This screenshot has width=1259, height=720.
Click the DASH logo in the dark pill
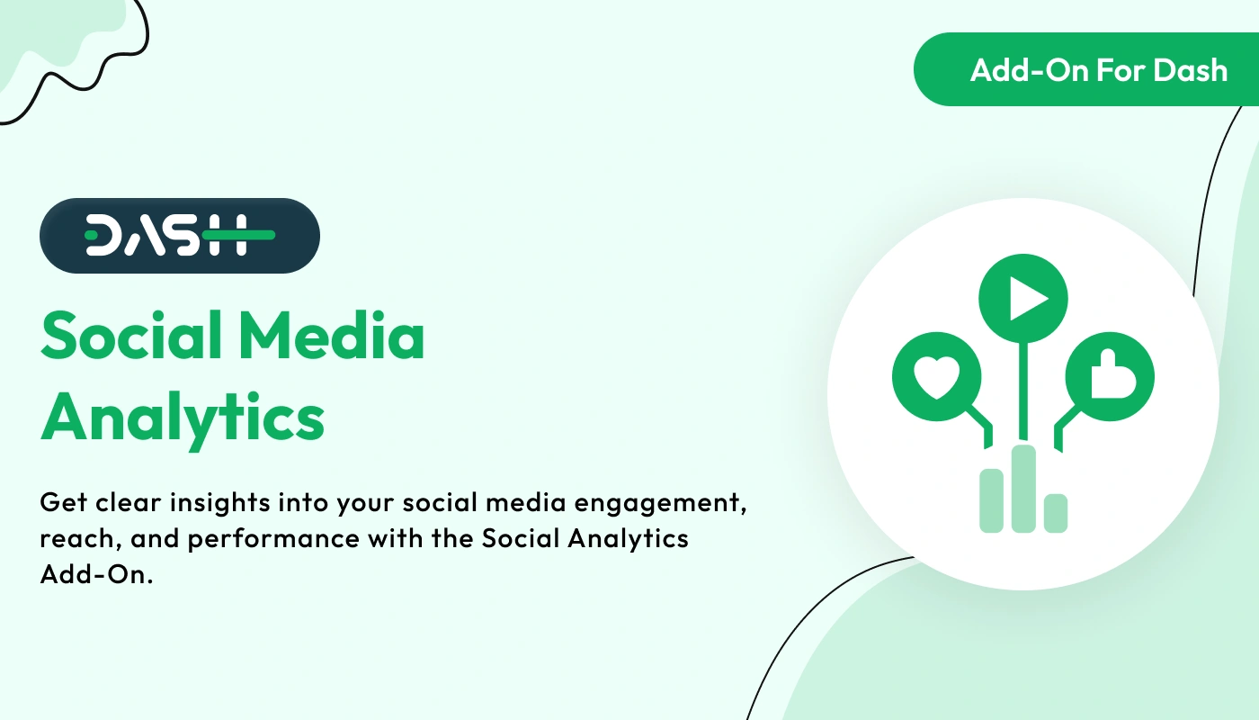click(x=180, y=235)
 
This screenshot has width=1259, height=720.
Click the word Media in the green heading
click(x=332, y=336)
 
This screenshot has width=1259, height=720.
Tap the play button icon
click(x=1023, y=298)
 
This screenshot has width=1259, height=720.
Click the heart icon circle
click(x=937, y=377)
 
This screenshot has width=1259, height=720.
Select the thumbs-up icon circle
click(x=1110, y=377)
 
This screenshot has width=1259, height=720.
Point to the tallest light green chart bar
click(x=1023, y=488)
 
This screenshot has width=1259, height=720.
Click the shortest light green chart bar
click(x=1056, y=513)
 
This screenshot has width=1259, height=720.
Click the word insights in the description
click(x=220, y=502)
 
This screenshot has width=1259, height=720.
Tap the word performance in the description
click(x=273, y=539)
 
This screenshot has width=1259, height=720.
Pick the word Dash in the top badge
click(x=1192, y=70)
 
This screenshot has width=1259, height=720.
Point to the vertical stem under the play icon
click(x=1023, y=391)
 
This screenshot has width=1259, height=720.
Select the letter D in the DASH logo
click(x=101, y=235)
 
